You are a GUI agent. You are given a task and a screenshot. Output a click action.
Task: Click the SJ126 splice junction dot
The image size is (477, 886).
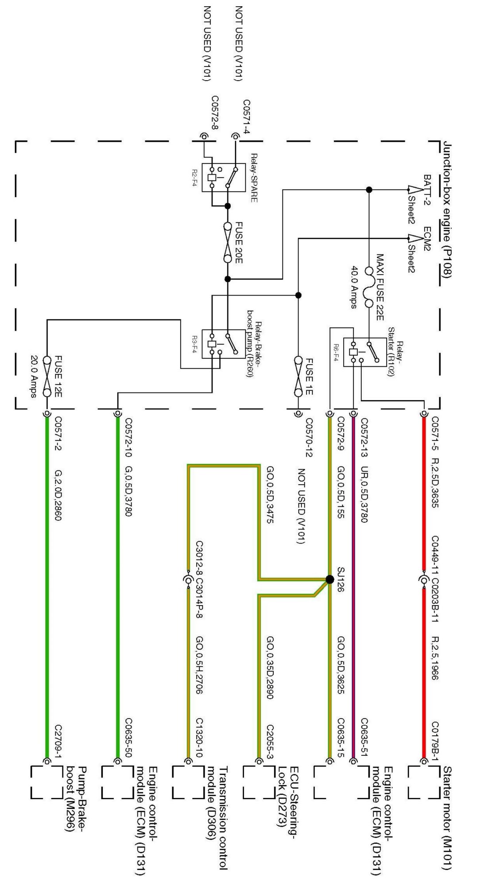coord(330,579)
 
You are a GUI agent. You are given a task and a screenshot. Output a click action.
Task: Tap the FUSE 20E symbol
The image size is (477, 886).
coord(228,242)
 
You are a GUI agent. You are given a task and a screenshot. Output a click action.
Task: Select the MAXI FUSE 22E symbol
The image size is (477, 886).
coord(368,287)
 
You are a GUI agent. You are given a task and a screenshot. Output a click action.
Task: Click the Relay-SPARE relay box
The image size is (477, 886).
coord(223,177)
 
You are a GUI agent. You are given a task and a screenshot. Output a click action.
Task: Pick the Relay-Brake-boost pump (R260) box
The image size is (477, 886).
coord(223,344)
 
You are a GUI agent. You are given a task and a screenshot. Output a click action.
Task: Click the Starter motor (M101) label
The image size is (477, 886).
coord(447,818)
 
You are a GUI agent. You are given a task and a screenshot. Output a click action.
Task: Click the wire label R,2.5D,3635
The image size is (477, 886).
coord(435,480)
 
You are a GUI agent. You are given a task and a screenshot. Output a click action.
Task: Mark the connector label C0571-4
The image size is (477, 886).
coord(246,117)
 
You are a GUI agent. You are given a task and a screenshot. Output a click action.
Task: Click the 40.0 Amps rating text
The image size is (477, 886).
coord(353,287)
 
